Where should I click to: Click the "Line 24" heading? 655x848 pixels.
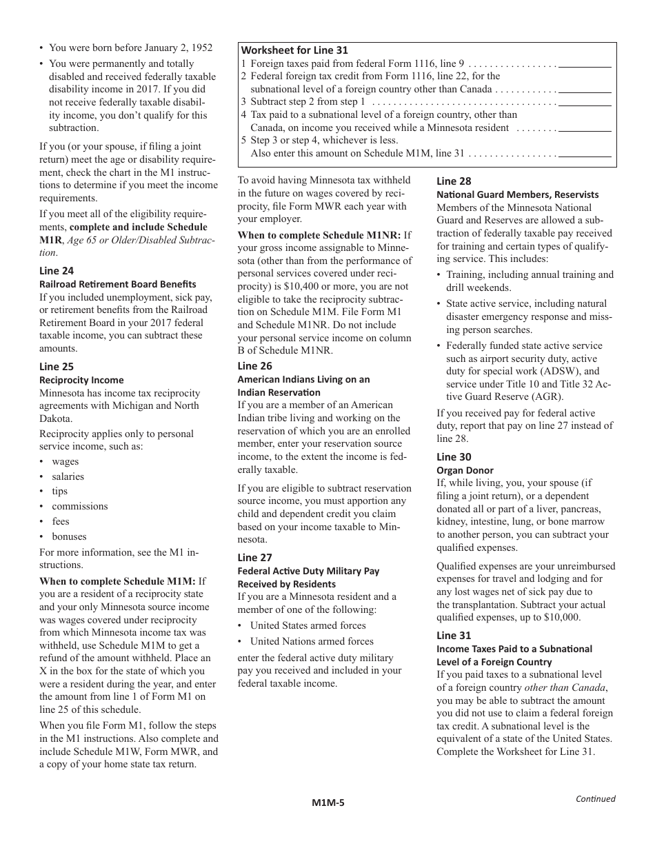click(x=57, y=271)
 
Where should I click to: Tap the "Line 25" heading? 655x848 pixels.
click(x=57, y=367)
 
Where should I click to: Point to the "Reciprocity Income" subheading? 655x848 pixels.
click(x=81, y=380)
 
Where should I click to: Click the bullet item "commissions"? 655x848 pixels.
click(x=80, y=506)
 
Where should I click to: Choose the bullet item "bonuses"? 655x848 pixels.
click(x=69, y=536)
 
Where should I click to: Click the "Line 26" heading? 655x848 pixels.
click(x=255, y=366)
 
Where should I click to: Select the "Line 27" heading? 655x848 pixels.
click(x=255, y=558)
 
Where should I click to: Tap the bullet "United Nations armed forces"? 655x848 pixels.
click(x=312, y=641)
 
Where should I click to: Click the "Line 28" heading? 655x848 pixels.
click(x=454, y=181)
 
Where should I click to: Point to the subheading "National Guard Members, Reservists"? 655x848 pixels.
click(x=518, y=194)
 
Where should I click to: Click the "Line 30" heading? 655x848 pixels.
click(x=454, y=457)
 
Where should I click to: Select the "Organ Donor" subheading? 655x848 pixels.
click(x=465, y=470)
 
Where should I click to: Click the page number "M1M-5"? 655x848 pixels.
click(x=327, y=802)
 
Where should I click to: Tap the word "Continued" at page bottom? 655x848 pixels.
click(x=596, y=799)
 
